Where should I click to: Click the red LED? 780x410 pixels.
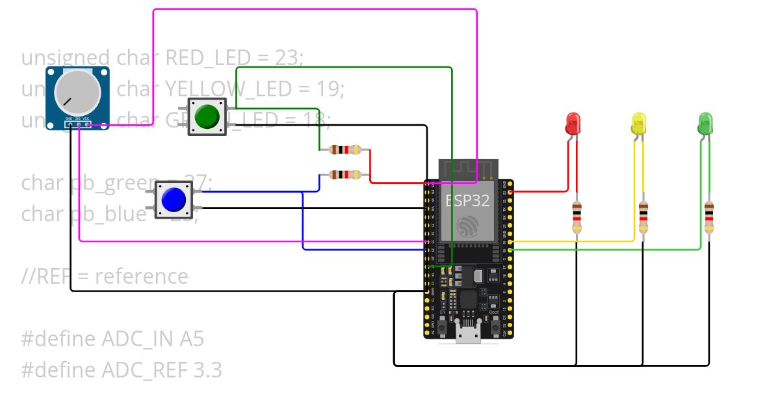(573, 122)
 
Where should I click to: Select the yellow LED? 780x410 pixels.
(639, 122)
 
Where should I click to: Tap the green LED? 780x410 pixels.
(705, 122)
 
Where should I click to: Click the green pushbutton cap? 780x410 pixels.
(207, 116)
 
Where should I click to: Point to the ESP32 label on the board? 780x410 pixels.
(467, 200)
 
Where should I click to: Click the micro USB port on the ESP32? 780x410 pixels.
(469, 336)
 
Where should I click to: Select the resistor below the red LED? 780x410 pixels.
(577, 217)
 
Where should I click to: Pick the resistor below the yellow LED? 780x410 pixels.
(643, 217)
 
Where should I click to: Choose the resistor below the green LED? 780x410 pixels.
(709, 217)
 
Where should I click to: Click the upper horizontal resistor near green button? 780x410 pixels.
(344, 150)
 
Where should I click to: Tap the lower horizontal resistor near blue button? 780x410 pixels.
(344, 174)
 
